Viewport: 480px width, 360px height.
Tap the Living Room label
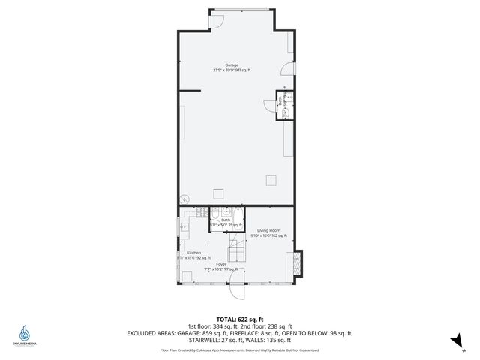click(268, 230)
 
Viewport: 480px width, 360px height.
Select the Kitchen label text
click(193, 253)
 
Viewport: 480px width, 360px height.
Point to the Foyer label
click(221, 264)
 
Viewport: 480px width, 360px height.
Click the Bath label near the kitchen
click(226, 220)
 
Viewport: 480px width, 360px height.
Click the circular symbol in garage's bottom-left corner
click(184, 200)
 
